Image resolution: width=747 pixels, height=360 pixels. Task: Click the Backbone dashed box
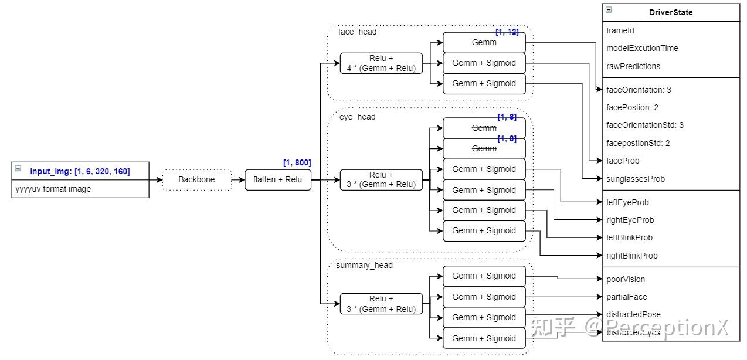(196, 179)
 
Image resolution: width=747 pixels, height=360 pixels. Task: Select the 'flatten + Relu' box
(278, 179)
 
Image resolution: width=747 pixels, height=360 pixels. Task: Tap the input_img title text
(80, 171)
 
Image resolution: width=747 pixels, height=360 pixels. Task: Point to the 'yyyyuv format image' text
(53, 189)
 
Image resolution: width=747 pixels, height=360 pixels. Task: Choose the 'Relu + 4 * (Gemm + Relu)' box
(381, 63)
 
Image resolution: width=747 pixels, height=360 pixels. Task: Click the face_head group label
(357, 32)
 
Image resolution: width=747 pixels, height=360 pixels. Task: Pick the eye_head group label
(357, 117)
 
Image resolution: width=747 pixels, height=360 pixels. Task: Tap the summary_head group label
(364, 265)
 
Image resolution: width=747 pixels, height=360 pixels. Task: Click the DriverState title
(671, 12)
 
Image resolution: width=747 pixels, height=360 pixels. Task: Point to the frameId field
(620, 30)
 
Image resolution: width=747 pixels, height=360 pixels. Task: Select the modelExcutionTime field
(642, 48)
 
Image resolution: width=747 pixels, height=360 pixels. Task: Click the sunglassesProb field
(636, 179)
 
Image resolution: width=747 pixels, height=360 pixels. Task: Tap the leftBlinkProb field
(629, 237)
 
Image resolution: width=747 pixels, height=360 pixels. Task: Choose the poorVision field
(625, 279)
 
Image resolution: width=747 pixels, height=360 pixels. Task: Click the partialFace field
(627, 297)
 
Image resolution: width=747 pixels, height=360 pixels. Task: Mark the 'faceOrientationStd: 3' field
(645, 125)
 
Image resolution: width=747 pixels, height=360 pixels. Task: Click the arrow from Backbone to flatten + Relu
(237, 179)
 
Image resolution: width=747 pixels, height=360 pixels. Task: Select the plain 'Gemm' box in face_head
(484, 42)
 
